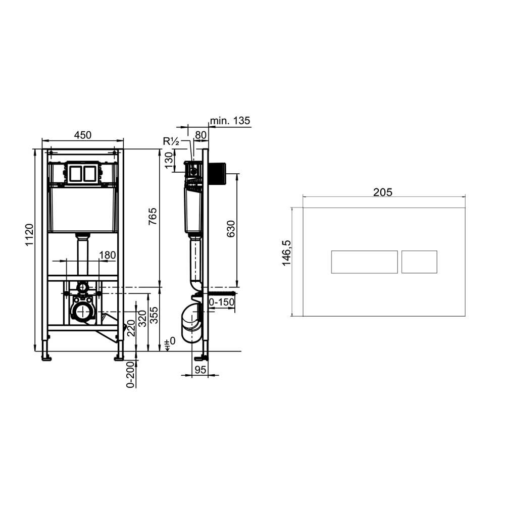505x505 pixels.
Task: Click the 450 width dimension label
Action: pyautogui.click(x=83, y=135)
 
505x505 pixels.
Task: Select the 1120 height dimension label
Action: pyautogui.click(x=29, y=235)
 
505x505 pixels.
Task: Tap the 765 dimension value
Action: pyautogui.click(x=153, y=217)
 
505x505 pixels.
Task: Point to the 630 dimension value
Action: pyautogui.click(x=231, y=229)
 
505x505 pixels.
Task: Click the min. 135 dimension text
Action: pyautogui.click(x=230, y=121)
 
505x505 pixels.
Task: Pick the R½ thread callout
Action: pyautogui.click(x=171, y=141)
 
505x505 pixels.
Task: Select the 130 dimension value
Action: pyautogui.click(x=169, y=161)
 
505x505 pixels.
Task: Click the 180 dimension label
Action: pyautogui.click(x=107, y=255)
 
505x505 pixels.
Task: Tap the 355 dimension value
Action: pyautogui.click(x=154, y=315)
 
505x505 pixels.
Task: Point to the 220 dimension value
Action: pyautogui.click(x=131, y=328)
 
